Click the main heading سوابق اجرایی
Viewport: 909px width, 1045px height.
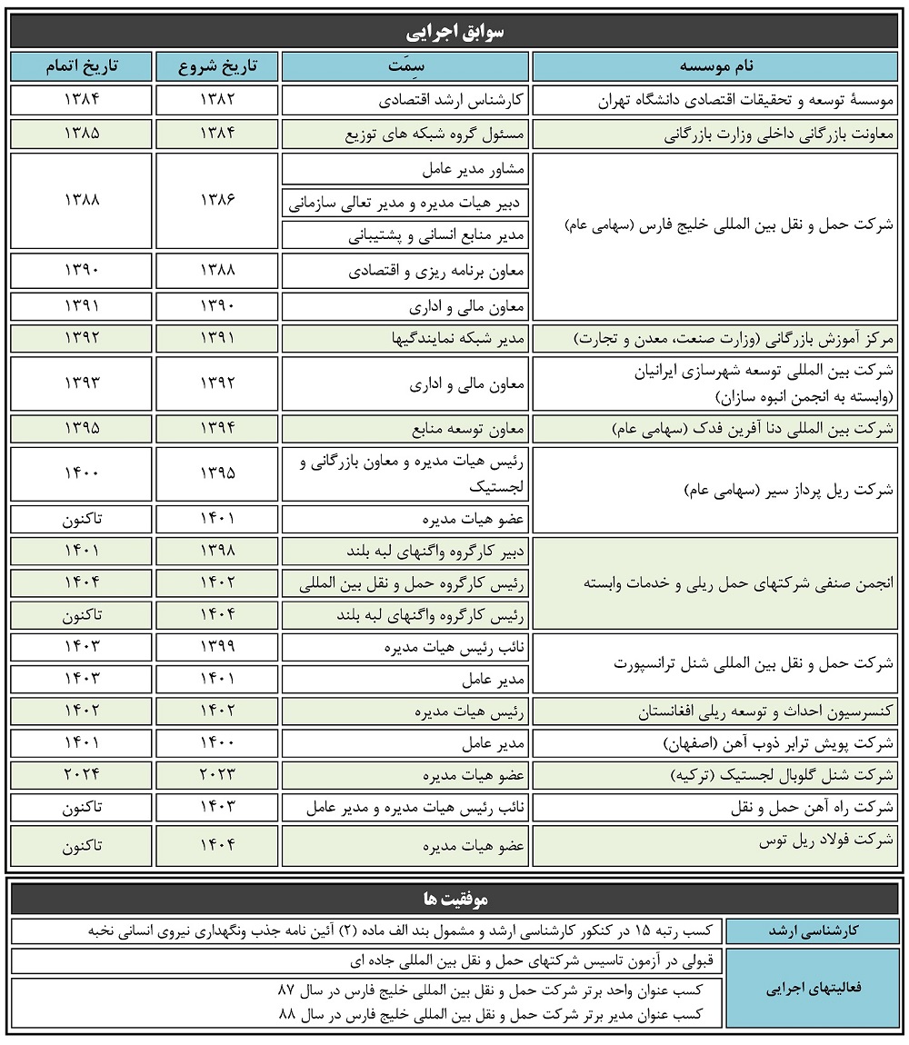tap(454, 32)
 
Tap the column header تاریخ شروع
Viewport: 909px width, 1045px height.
tap(216, 66)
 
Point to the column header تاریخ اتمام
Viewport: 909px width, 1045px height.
tap(81, 66)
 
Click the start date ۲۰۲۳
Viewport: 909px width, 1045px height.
tap(216, 774)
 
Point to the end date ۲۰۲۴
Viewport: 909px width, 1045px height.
tap(81, 774)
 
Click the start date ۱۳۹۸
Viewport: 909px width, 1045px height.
tap(216, 551)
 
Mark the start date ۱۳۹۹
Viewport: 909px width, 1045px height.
tap(216, 646)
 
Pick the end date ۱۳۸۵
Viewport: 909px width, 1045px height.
tap(81, 134)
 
